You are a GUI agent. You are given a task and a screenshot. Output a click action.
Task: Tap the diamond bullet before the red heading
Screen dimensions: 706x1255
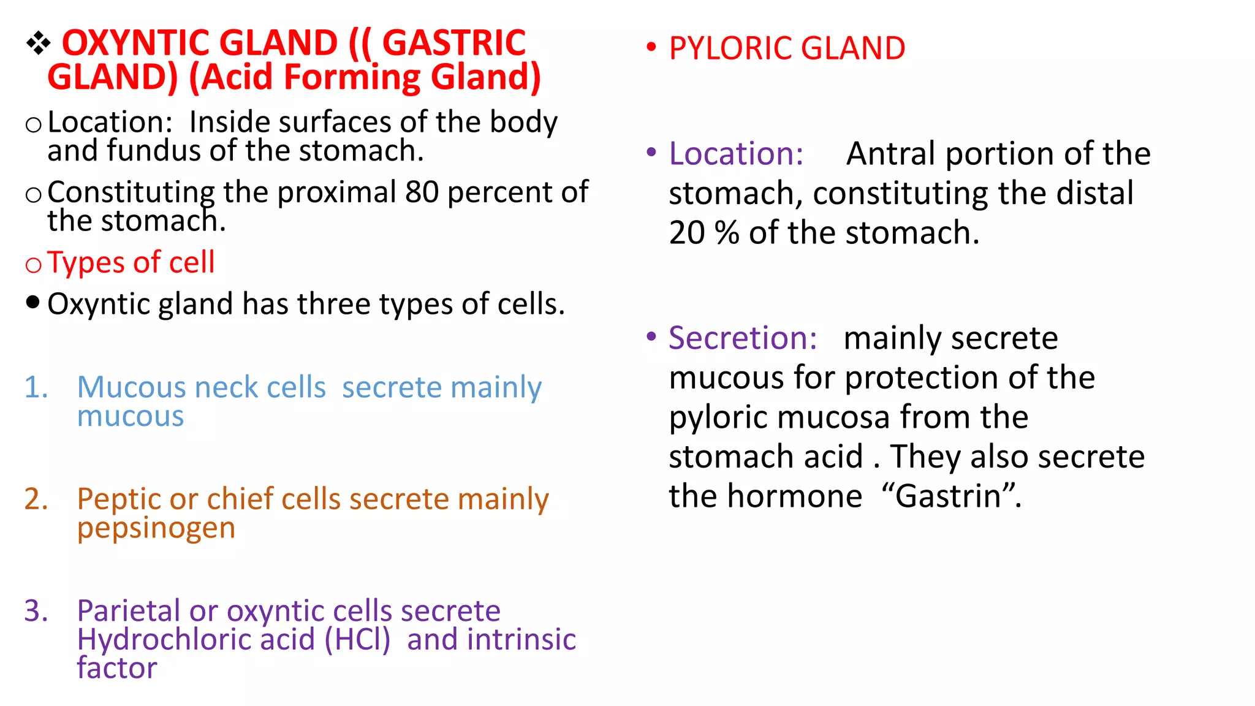[38, 43]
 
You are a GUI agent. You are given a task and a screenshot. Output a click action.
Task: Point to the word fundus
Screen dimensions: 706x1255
[153, 151]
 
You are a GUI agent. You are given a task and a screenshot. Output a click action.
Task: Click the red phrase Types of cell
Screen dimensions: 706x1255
[131, 262]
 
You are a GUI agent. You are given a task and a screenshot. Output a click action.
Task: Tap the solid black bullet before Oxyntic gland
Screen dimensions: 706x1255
[33, 302]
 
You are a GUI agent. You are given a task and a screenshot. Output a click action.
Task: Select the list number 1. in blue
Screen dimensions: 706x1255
[36, 387]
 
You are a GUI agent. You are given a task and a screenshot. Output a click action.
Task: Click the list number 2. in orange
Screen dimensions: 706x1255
[36, 499]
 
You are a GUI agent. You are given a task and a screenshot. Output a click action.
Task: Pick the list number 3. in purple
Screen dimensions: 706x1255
[36, 611]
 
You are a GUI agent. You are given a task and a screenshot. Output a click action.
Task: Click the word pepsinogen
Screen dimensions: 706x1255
[156, 528]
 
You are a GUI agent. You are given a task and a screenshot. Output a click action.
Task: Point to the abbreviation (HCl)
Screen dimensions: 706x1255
[357, 640]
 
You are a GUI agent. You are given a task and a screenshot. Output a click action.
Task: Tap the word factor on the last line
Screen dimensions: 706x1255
[117, 668]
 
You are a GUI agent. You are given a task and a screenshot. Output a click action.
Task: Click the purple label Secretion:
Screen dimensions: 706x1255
[743, 338]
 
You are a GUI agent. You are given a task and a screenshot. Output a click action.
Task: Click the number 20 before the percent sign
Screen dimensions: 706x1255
[686, 233]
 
